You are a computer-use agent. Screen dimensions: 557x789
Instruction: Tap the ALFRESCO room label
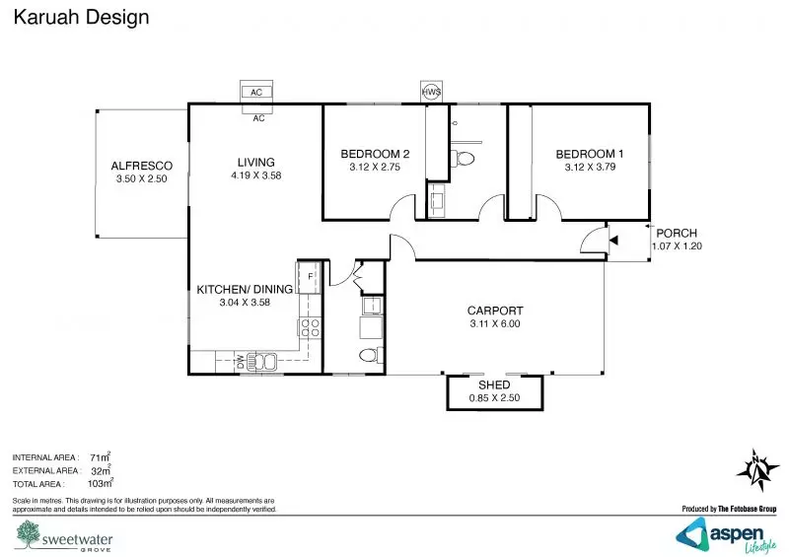[142, 166]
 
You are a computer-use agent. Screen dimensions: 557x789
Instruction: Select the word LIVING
[255, 163]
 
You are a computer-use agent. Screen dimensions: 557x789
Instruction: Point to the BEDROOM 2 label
[375, 154]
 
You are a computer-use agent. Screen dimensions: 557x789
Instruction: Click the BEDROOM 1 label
[590, 154]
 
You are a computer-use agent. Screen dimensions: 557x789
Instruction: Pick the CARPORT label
[494, 311]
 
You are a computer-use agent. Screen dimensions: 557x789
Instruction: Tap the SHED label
[493, 384]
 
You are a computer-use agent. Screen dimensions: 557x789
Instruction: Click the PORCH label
[677, 234]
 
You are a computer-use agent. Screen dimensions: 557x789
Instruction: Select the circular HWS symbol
[431, 92]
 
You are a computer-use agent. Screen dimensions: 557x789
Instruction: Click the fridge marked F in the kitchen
[310, 275]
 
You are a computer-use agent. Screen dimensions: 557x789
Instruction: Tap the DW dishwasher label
[240, 362]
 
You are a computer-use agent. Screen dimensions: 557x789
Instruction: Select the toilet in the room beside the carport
[367, 355]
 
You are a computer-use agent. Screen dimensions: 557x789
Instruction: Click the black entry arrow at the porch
[612, 238]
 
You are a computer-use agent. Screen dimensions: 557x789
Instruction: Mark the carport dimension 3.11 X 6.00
[494, 324]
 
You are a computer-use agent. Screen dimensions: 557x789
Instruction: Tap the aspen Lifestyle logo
[731, 533]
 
